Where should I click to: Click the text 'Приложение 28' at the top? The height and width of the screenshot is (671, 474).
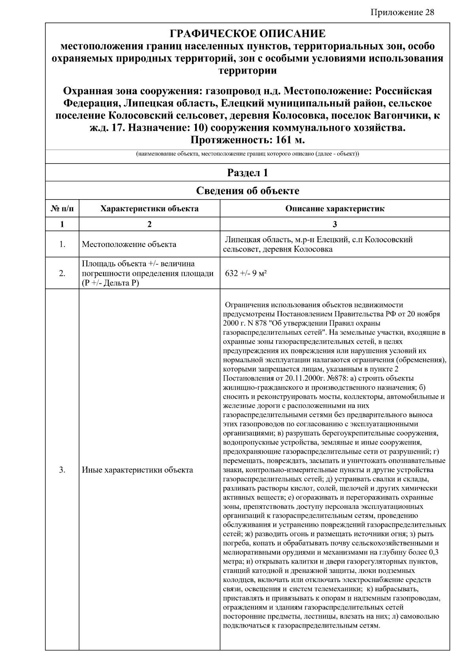(402, 12)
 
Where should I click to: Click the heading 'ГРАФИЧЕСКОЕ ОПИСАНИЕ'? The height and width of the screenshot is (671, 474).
(247, 34)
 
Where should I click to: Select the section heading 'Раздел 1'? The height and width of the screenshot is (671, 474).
(247, 173)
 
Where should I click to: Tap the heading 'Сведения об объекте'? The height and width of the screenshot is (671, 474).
(247, 191)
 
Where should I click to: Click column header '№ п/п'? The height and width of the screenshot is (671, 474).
(62, 208)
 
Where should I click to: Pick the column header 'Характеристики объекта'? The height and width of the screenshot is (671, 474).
(149, 208)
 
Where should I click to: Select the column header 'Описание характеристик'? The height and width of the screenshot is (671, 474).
(335, 208)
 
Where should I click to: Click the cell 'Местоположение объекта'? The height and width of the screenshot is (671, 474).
(129, 244)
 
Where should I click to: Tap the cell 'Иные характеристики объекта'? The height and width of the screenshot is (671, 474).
(137, 470)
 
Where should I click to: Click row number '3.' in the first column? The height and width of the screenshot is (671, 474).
(62, 470)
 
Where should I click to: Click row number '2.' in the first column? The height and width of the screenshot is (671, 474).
(62, 273)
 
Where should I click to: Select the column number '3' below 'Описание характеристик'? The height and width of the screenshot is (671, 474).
(335, 224)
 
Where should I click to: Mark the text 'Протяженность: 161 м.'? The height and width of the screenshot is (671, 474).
(247, 140)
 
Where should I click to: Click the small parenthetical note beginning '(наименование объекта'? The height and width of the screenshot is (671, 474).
(247, 154)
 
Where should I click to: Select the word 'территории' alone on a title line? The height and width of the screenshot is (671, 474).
(247, 71)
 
